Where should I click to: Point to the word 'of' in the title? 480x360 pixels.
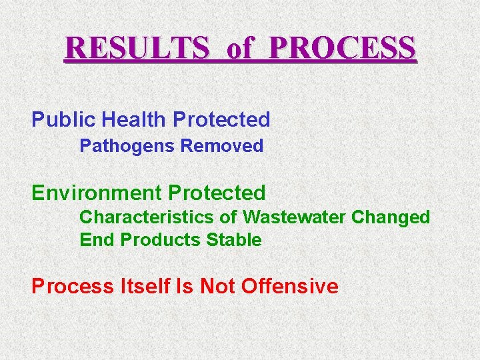241,49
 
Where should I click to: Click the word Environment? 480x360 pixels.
97,193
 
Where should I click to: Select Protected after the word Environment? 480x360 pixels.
217,193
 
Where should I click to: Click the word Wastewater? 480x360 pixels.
294,217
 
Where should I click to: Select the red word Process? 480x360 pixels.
73,287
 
